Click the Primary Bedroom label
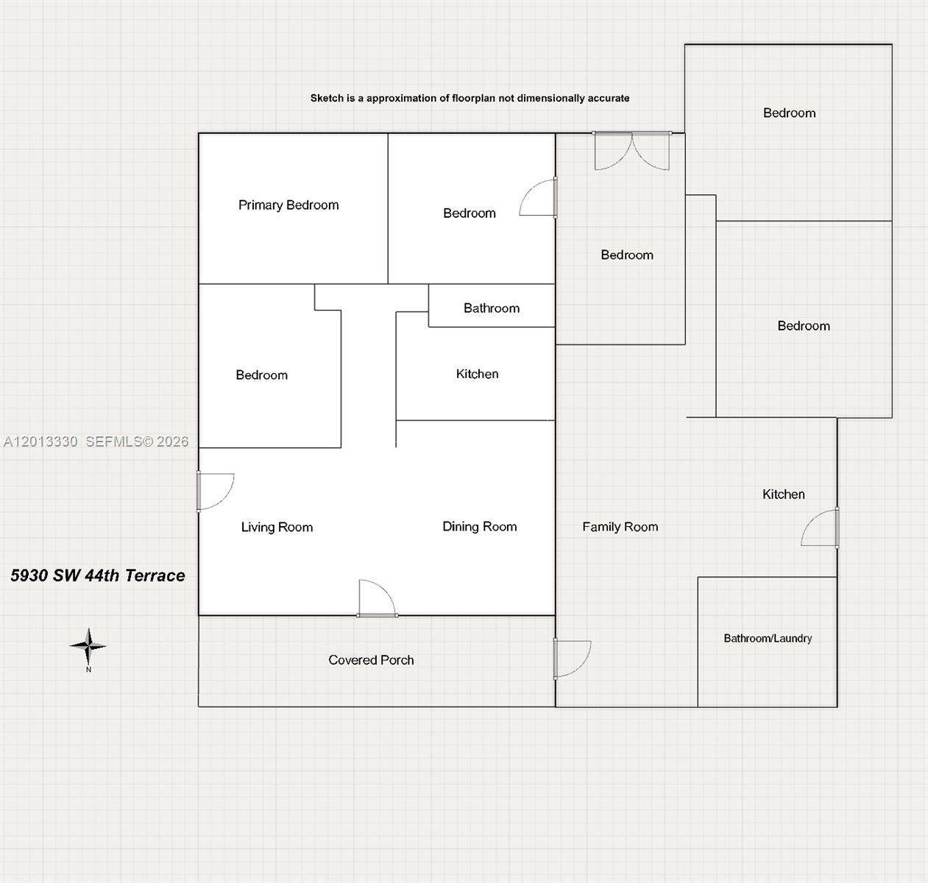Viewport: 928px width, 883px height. coord(288,205)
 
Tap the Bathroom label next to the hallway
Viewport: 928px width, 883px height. coord(492,308)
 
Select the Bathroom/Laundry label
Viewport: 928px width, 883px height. coord(768,638)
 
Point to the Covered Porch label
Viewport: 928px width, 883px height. coord(371,660)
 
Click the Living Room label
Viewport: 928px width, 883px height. coord(277,527)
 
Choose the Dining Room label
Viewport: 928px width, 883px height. coord(480,527)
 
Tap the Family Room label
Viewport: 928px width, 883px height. coord(620,527)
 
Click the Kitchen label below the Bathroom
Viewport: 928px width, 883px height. coord(477,374)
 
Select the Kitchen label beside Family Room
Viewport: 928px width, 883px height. coord(784,494)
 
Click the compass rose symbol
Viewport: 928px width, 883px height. coord(88,646)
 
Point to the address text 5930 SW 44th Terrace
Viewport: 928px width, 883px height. coord(98,575)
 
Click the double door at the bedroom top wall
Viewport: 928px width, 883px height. coord(632,150)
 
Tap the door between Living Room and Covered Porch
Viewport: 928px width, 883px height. coord(377,598)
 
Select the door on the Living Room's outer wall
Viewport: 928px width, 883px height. coord(215,492)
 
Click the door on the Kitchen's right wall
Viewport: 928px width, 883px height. coord(820,528)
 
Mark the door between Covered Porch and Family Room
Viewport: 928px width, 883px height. coord(572,659)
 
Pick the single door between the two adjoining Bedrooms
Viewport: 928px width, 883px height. coord(539,198)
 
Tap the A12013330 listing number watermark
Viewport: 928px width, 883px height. coord(40,441)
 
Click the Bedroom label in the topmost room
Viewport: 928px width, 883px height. coord(789,113)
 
